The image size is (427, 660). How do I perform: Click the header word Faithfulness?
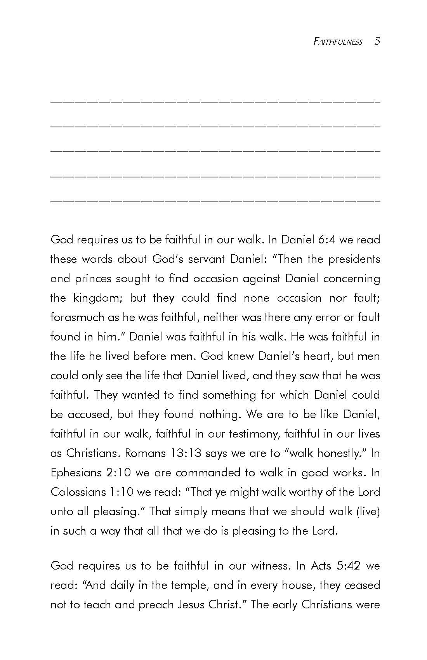(x=338, y=42)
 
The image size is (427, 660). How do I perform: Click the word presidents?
(x=354, y=259)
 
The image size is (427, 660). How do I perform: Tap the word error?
(x=328, y=317)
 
